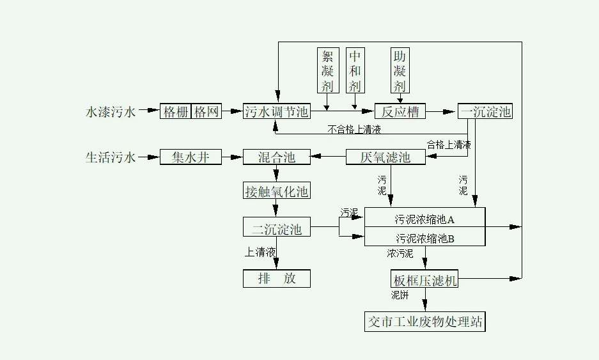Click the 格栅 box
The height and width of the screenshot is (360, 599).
pyautogui.click(x=176, y=111)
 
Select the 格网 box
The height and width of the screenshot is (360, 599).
pyautogui.click(x=207, y=111)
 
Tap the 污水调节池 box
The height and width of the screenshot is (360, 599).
pyautogui.click(x=276, y=111)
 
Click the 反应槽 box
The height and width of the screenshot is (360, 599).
pyautogui.click(x=400, y=111)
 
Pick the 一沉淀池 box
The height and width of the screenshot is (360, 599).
pyautogui.click(x=486, y=111)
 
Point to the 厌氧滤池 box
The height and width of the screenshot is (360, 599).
pyautogui.click(x=385, y=157)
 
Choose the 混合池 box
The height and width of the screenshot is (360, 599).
pyautogui.click(x=276, y=157)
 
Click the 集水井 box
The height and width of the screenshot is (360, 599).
pyautogui.click(x=191, y=157)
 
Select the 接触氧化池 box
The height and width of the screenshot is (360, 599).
pyautogui.click(x=276, y=191)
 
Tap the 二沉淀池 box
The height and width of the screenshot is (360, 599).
pyautogui.click(x=276, y=227)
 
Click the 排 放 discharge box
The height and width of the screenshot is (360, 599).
pyautogui.click(x=276, y=279)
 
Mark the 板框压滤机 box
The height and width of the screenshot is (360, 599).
pyautogui.click(x=424, y=279)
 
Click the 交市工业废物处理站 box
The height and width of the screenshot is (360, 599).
pyautogui.click(x=424, y=321)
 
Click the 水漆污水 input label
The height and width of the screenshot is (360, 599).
pyautogui.click(x=111, y=112)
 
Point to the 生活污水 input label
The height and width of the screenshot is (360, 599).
pyautogui.click(x=111, y=157)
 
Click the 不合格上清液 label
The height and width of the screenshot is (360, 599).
pyautogui.click(x=354, y=130)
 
